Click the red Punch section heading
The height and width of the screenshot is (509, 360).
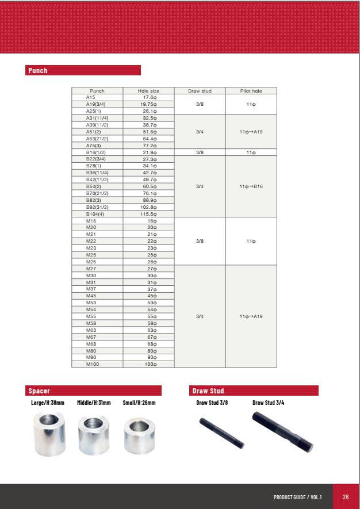(38, 71)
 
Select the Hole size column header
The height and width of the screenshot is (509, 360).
(148, 91)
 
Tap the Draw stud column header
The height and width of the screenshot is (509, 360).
(200, 91)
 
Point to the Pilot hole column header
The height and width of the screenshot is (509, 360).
(251, 91)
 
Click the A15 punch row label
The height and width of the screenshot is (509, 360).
(91, 98)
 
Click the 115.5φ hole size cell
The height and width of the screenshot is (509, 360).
(149, 214)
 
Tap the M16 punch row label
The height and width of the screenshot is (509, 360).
(91, 221)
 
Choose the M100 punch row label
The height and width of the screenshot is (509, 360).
(93, 364)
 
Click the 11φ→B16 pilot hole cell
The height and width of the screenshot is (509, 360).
(251, 186)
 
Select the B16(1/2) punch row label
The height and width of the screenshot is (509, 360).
(97, 152)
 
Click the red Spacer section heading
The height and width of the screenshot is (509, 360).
(39, 391)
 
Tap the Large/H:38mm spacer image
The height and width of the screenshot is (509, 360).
(48, 434)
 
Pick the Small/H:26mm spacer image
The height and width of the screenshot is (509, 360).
(139, 435)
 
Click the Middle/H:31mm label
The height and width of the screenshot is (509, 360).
(94, 403)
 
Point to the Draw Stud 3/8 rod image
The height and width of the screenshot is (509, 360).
(221, 433)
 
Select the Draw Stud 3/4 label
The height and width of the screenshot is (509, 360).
(268, 403)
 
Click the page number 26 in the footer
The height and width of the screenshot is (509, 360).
(346, 497)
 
